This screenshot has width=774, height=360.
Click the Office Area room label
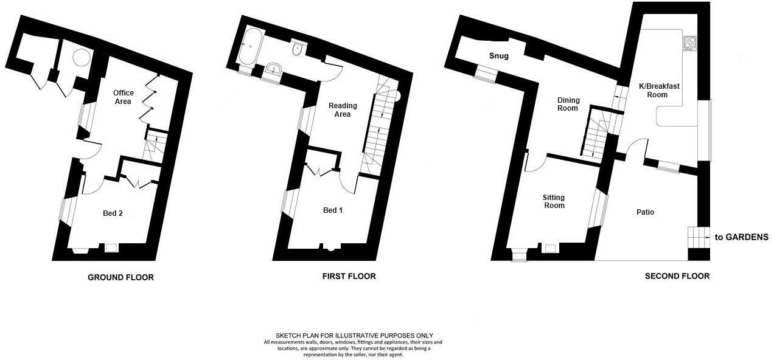point(123,97)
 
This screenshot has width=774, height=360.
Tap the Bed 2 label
point(113,213)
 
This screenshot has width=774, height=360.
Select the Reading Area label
point(343,110)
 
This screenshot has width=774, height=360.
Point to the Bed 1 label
point(333,210)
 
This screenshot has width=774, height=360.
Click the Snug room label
point(499,57)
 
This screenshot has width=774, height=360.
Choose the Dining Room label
point(568,104)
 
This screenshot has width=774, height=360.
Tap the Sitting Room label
point(554,201)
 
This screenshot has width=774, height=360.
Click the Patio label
point(645,212)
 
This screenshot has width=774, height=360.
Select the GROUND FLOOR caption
point(120,277)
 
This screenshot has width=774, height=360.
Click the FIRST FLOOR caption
point(349,276)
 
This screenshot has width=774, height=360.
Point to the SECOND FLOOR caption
point(677,276)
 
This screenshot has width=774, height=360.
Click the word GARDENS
point(746,237)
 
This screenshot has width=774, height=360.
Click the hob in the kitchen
point(690,44)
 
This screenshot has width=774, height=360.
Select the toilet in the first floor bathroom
point(298,49)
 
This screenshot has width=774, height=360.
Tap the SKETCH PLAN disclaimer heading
point(354,335)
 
